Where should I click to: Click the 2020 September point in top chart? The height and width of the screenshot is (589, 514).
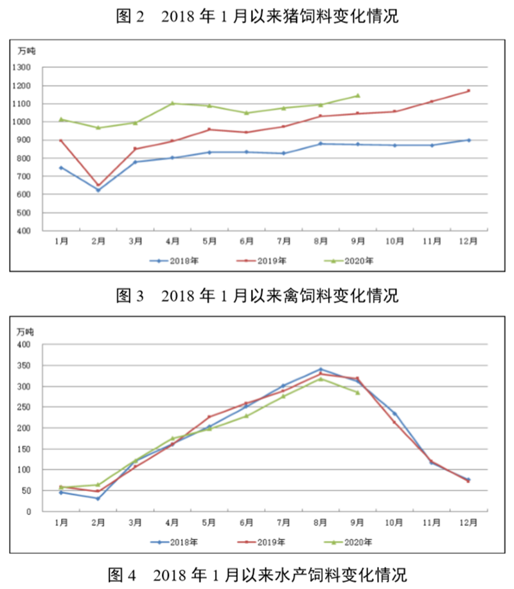click(x=358, y=96)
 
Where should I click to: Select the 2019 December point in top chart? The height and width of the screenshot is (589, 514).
click(x=469, y=91)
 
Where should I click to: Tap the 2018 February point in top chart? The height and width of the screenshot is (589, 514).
click(x=98, y=190)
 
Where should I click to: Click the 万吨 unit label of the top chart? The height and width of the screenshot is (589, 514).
click(x=25, y=51)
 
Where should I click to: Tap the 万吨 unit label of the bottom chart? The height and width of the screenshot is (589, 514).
click(x=25, y=332)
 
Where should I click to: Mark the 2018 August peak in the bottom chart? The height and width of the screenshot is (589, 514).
click(x=321, y=369)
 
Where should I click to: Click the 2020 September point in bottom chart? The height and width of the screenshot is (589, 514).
click(x=358, y=392)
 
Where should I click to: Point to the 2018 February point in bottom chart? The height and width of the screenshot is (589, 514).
click(x=98, y=498)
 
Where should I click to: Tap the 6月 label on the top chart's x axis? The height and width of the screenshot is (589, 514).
click(x=247, y=241)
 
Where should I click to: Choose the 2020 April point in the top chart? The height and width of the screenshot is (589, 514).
click(x=173, y=103)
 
